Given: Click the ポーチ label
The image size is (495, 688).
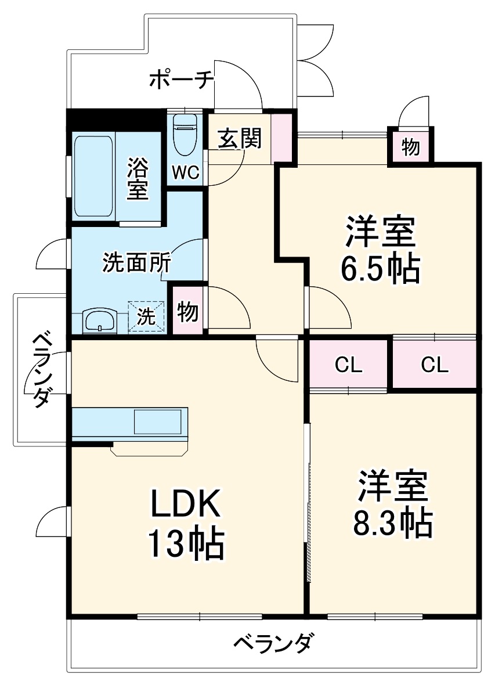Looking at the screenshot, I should pos(182,80).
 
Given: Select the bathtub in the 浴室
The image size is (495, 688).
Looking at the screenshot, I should pos(93,176).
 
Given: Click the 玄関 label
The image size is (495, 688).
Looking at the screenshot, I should pos(240,138).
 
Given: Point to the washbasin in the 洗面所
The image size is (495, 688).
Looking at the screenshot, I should pos(100,320).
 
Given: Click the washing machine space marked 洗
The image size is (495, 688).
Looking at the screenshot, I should pos(146,316).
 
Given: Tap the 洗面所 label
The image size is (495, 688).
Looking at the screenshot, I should pos(136,263).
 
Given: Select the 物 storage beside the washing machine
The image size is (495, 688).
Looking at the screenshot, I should pos(187,312).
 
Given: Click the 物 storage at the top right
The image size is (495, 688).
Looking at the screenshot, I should pos(410,147).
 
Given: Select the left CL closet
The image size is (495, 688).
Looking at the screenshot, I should pos(348,365).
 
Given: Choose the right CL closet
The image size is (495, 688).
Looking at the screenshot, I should pos(435,365).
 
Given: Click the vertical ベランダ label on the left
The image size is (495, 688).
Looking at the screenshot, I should pos(40,370).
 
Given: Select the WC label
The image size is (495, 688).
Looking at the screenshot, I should pos(185,172).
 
